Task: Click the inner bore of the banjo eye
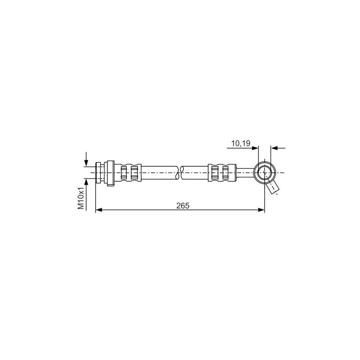pos(264,173)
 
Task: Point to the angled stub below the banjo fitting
pos(273,188)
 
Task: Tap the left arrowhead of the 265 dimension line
pos(98,210)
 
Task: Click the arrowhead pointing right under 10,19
pos(255,148)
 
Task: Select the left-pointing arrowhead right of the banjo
pos(274,148)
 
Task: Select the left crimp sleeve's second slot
pos(134,173)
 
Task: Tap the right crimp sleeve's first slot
pos(215,173)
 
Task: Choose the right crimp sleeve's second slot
pos(226,173)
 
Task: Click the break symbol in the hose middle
pos(179,173)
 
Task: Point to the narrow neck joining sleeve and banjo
pos(245,173)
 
